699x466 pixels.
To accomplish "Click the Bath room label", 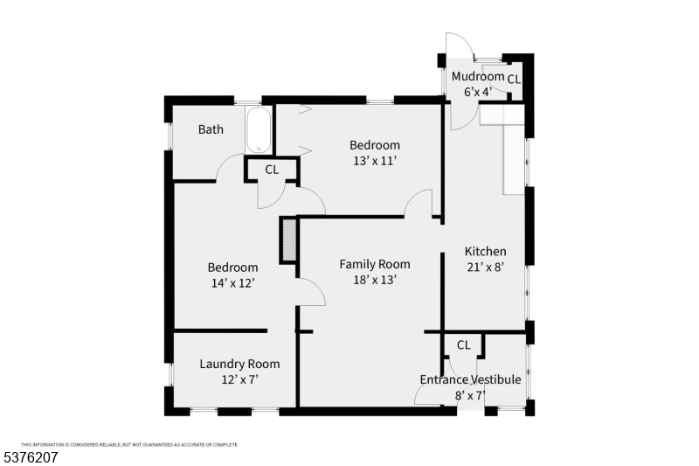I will pos(211,129).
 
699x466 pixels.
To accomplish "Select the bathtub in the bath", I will pos(260,130).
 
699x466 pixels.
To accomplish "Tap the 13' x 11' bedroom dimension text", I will pos(375,161).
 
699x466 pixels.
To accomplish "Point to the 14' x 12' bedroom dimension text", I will pos(232,283).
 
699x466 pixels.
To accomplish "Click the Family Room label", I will pos(375,264).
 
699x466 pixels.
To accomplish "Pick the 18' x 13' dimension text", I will pos(375,280).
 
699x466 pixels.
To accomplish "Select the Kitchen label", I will pos(485,252).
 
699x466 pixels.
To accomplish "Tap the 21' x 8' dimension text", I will pos(485,268).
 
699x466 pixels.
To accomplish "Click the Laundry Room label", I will pos(239,364).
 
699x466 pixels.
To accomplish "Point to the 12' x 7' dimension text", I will pos(239,379).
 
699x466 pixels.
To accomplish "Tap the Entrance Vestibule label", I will pos(470,379).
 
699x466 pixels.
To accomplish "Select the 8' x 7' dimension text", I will pos(470,395).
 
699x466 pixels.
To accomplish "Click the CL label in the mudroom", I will pos(514,79).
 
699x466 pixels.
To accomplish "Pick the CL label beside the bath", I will pos(272,170).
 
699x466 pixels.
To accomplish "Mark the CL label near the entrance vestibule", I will pos(463,345).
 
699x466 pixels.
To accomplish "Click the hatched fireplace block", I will pos(289,240).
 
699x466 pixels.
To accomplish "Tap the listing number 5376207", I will pos(31,456).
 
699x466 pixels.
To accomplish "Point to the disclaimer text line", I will pos(129,444).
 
